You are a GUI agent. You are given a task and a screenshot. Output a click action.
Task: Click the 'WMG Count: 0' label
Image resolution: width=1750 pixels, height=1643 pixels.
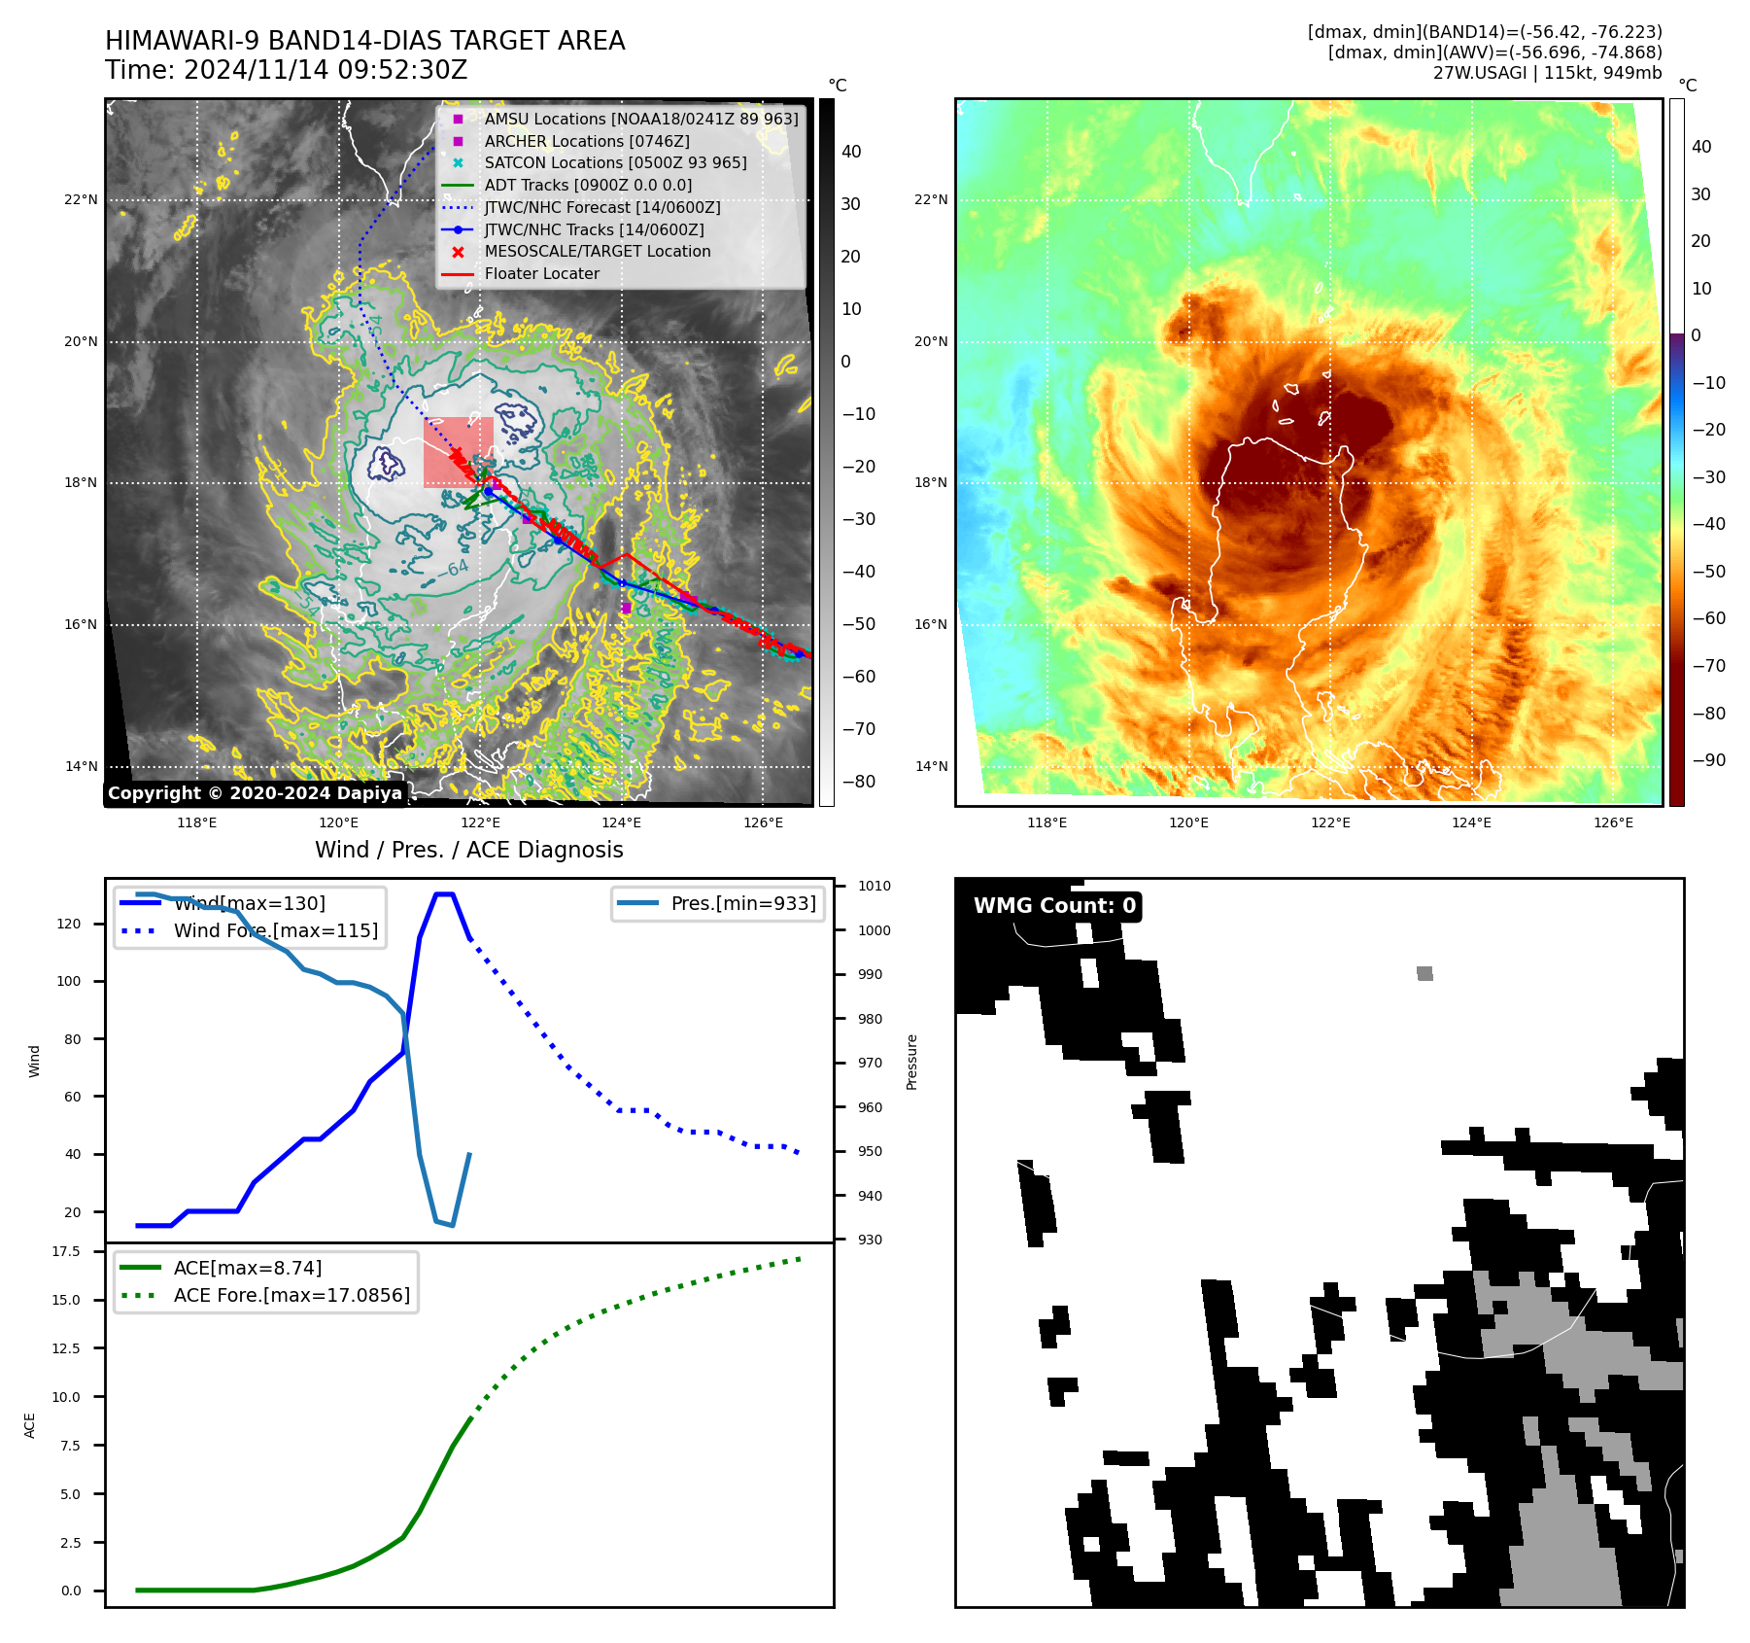point(1054,906)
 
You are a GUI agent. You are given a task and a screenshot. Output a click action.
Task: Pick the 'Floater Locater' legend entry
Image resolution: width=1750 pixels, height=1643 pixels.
point(541,273)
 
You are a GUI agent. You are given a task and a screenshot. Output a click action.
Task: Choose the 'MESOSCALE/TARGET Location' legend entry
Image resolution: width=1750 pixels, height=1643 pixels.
point(598,251)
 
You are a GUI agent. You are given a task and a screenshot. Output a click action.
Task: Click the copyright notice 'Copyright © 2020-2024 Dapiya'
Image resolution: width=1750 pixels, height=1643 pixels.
point(255,793)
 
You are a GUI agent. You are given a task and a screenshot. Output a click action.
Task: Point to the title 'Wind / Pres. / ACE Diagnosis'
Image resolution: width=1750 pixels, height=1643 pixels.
point(469,850)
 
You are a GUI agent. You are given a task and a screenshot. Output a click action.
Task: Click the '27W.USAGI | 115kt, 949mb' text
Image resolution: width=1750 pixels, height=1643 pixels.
point(1547,73)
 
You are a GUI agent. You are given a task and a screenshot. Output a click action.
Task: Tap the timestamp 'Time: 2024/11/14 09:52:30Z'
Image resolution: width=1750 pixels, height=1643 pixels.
point(287,70)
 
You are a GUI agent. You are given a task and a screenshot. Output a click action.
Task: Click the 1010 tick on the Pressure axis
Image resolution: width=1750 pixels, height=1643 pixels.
point(874,886)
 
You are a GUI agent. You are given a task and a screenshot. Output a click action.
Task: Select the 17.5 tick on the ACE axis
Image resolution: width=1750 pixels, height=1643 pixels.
point(67,1251)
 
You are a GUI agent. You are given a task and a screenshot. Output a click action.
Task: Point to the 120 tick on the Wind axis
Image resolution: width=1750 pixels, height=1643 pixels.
point(69,924)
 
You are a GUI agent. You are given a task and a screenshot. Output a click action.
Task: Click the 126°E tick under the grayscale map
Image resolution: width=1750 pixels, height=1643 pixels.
point(763,822)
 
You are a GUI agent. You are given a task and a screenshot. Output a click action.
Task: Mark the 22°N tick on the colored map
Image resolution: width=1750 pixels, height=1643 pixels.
point(930,199)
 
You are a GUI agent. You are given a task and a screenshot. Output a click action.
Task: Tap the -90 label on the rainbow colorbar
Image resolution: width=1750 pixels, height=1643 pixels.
point(1708,760)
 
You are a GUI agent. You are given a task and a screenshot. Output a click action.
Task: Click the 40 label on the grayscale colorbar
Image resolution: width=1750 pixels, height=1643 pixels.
point(851,151)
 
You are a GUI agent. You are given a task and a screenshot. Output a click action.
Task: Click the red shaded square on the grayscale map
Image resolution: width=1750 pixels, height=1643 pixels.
point(458,451)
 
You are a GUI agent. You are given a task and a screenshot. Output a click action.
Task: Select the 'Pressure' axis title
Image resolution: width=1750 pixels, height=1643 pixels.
point(911,1062)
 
